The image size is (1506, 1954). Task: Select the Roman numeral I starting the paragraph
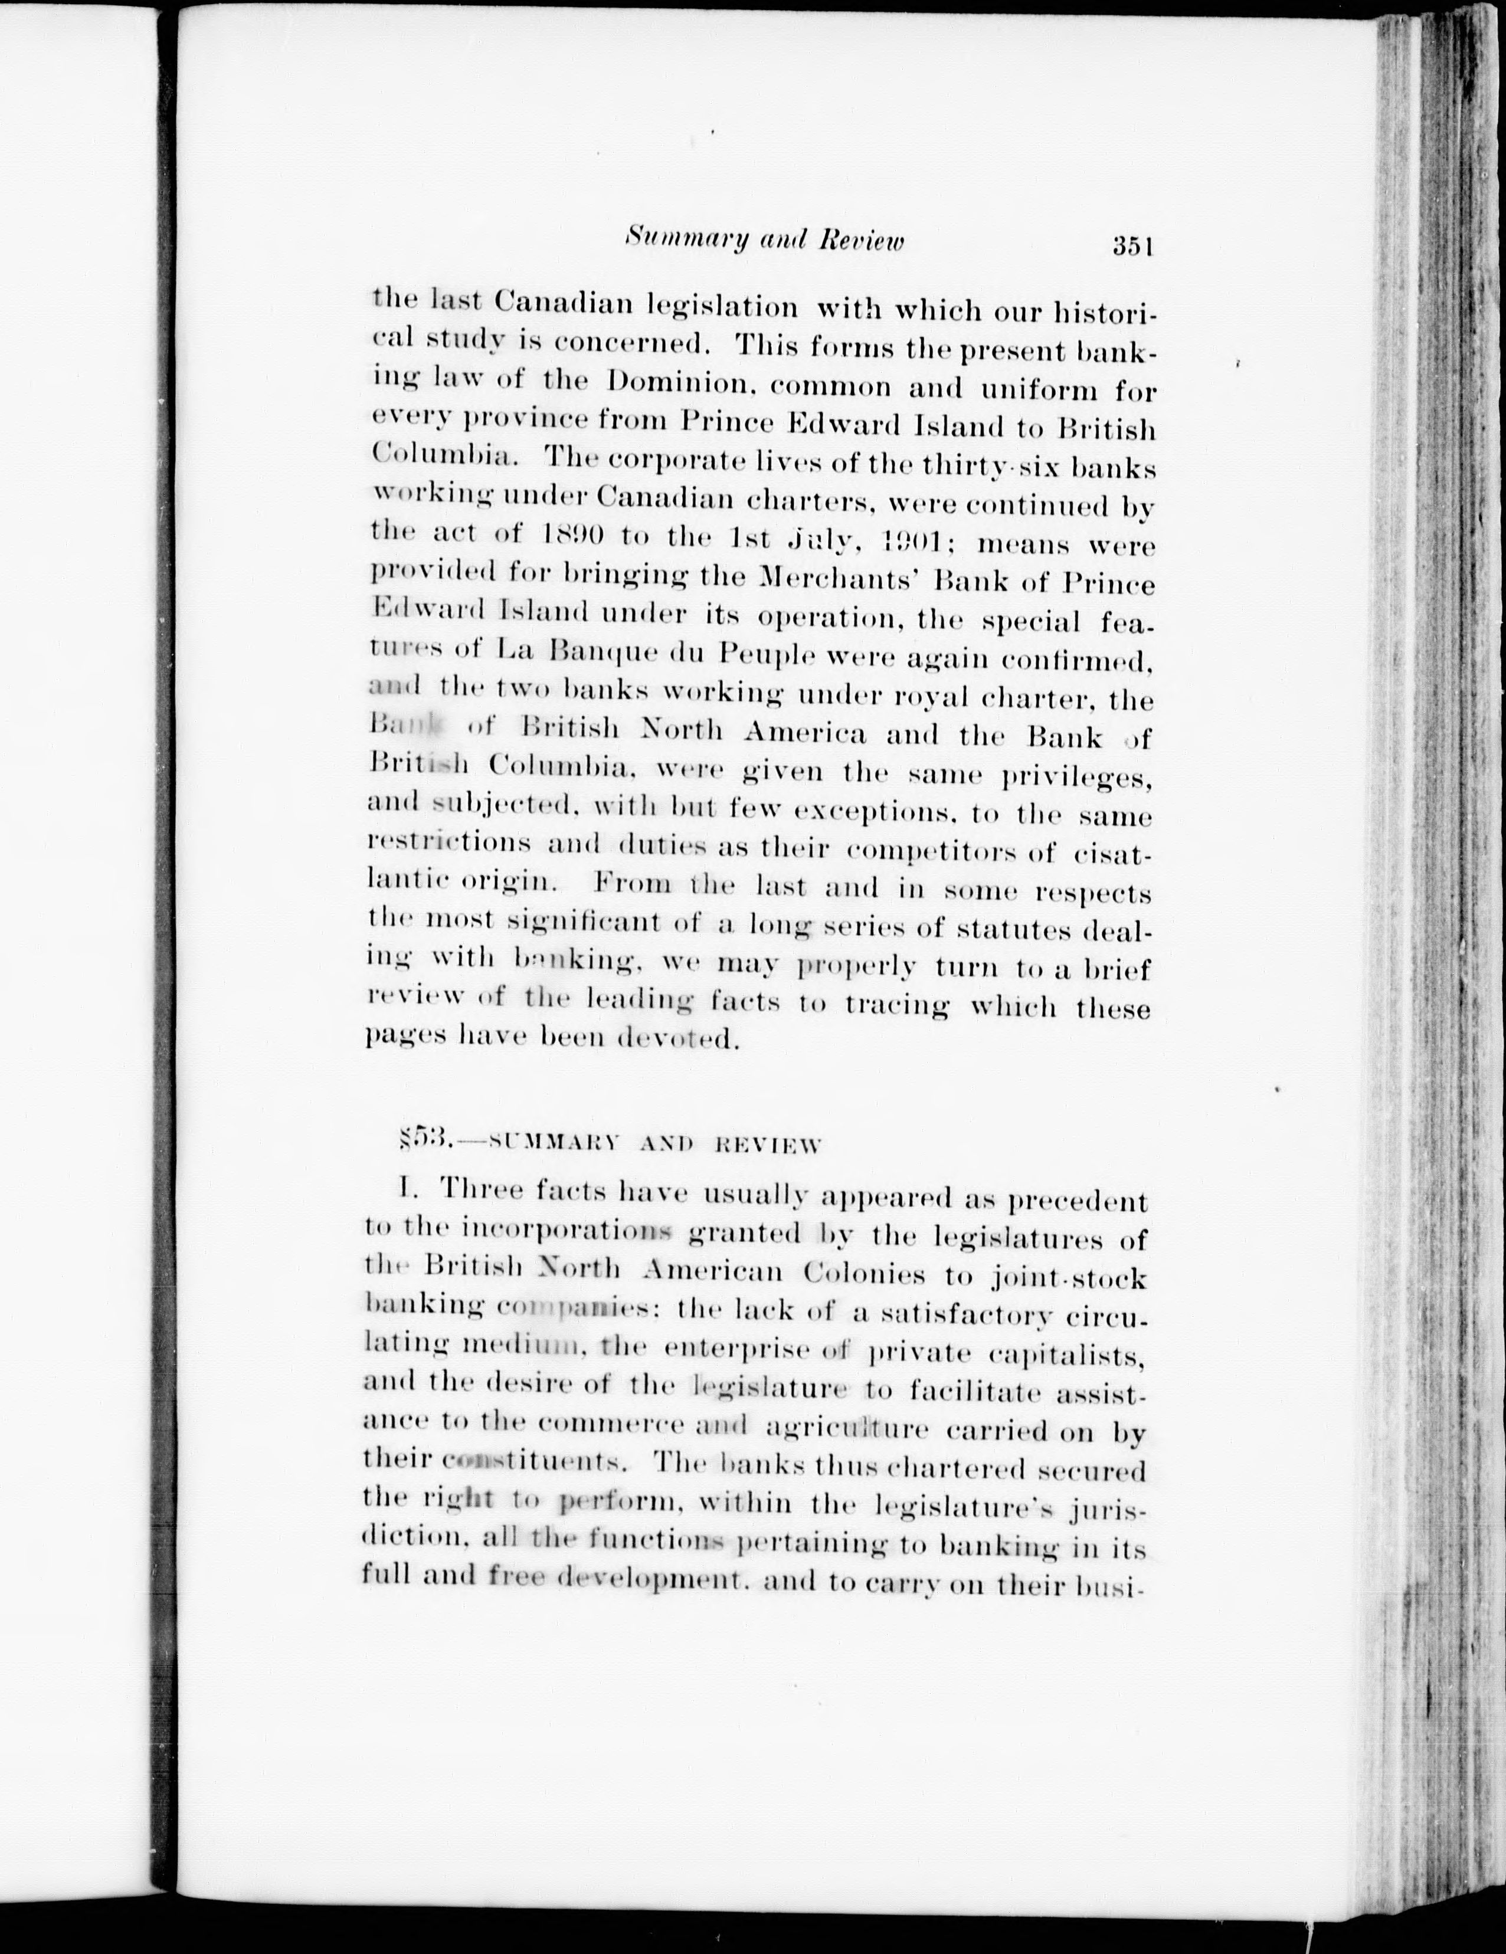406,1190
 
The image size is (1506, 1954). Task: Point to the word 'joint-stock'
1069,1278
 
